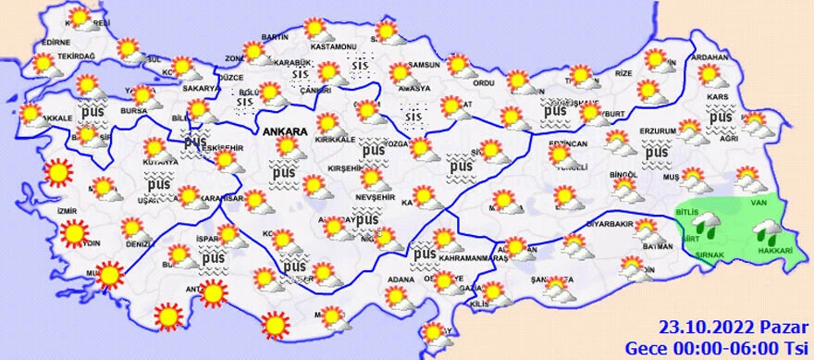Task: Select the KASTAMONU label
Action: (x=334, y=46)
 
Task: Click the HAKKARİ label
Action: (x=775, y=251)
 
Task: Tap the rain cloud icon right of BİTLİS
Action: (x=709, y=221)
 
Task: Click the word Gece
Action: (x=644, y=348)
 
